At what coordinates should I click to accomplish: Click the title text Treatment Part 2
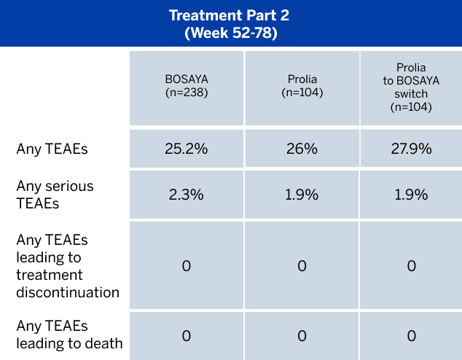(x=230, y=16)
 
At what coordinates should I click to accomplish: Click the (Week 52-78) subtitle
(x=230, y=33)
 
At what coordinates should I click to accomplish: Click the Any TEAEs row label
(x=52, y=149)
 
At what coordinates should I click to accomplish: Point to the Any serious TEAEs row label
(x=55, y=195)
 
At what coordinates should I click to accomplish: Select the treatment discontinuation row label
(x=68, y=266)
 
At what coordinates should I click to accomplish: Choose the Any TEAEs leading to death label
(x=68, y=335)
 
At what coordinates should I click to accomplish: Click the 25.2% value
(x=186, y=149)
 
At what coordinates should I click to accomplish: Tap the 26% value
(x=302, y=149)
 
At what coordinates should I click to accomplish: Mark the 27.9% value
(x=411, y=149)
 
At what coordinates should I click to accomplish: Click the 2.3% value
(x=186, y=195)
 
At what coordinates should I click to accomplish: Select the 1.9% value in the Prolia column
(x=302, y=195)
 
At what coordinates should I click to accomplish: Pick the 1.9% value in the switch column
(x=411, y=195)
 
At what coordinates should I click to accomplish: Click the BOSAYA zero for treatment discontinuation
(x=186, y=266)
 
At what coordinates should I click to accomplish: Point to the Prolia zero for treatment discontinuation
(x=302, y=266)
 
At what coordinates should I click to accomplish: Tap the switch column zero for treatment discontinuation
(x=411, y=266)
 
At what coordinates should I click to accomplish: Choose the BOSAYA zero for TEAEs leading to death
(x=186, y=335)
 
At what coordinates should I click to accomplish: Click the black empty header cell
(x=64, y=87)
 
